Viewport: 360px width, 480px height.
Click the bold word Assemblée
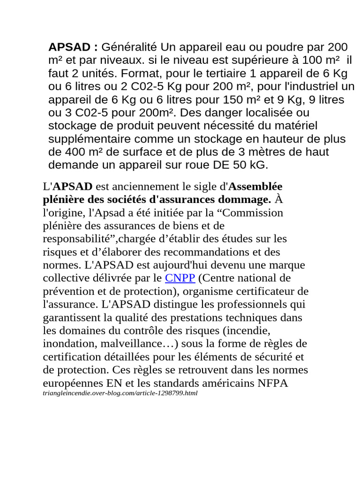(x=256, y=187)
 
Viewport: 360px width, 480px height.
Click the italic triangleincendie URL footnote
(x=120, y=394)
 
